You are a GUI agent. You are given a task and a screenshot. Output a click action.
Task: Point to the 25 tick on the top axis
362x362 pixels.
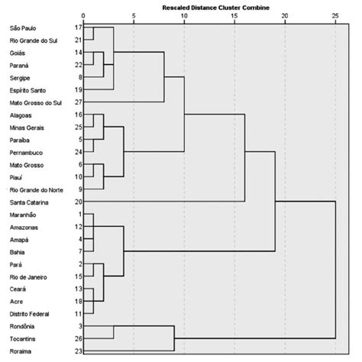[x=335, y=16]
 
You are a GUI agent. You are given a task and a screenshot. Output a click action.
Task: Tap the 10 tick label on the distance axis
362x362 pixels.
[x=184, y=16]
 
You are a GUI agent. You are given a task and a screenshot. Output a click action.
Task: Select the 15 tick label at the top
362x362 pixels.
[x=234, y=16]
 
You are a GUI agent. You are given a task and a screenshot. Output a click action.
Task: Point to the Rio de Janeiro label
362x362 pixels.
[x=26, y=276]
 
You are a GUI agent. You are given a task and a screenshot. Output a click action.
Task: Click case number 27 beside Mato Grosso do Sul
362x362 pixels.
[x=78, y=102]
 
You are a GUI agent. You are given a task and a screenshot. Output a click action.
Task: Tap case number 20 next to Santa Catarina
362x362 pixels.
[x=78, y=202]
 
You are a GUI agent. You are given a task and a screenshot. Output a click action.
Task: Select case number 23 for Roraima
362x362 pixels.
[x=78, y=351]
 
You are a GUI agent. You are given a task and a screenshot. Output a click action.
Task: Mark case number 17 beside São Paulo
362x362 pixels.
[x=78, y=27]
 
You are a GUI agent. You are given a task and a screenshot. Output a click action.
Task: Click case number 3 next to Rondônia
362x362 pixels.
[x=79, y=326]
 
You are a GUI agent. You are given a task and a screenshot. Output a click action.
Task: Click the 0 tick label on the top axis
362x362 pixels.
[x=83, y=16]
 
